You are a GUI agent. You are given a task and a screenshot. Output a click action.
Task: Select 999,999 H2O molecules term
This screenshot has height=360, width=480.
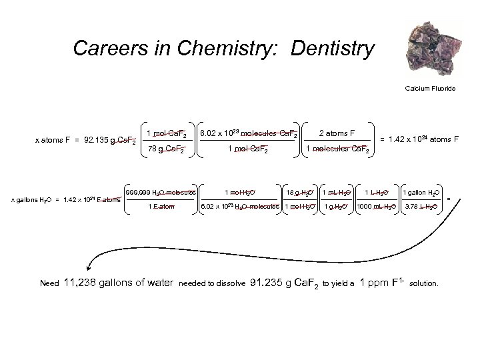[x=161, y=193]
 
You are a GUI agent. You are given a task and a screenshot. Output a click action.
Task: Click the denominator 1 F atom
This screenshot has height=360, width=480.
[x=161, y=207]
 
